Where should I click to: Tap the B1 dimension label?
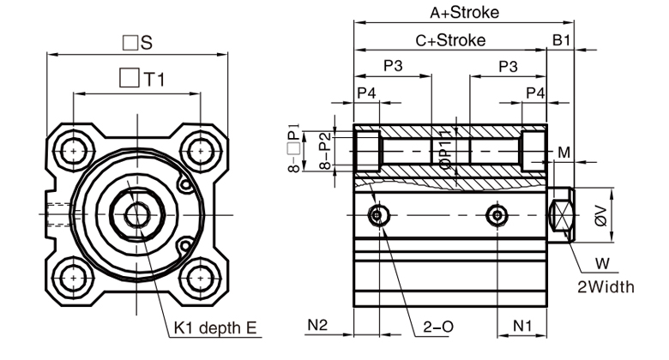pyautogui.click(x=561, y=40)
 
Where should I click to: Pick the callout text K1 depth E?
pyautogui.click(x=215, y=327)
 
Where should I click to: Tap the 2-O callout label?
pyautogui.click(x=438, y=327)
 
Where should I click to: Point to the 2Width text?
pyautogui.click(x=606, y=286)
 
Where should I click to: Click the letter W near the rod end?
pyautogui.click(x=606, y=263)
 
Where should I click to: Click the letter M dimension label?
pyautogui.click(x=564, y=153)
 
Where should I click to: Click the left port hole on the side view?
pyautogui.click(x=377, y=214)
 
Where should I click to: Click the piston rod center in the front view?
pyautogui.click(x=136, y=213)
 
